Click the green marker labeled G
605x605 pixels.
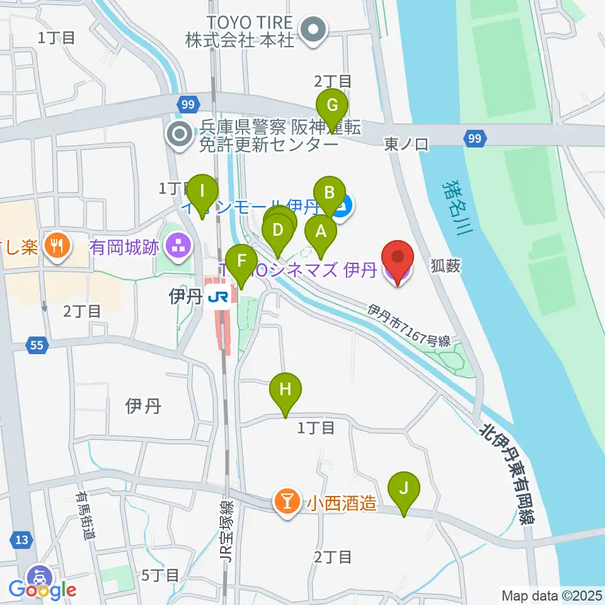click(x=331, y=105)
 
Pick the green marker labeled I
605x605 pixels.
click(x=202, y=190)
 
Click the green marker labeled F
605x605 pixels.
click(x=241, y=260)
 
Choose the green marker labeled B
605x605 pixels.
click(x=329, y=193)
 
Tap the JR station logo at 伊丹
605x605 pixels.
click(x=219, y=296)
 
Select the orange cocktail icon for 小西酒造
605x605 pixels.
click(x=287, y=502)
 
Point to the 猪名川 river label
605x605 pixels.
click(x=454, y=207)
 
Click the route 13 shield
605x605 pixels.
click(x=21, y=539)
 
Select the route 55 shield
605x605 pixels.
click(x=36, y=345)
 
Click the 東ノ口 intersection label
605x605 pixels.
click(x=406, y=145)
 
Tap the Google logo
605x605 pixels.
click(x=42, y=590)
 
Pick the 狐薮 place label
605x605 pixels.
click(x=448, y=267)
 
